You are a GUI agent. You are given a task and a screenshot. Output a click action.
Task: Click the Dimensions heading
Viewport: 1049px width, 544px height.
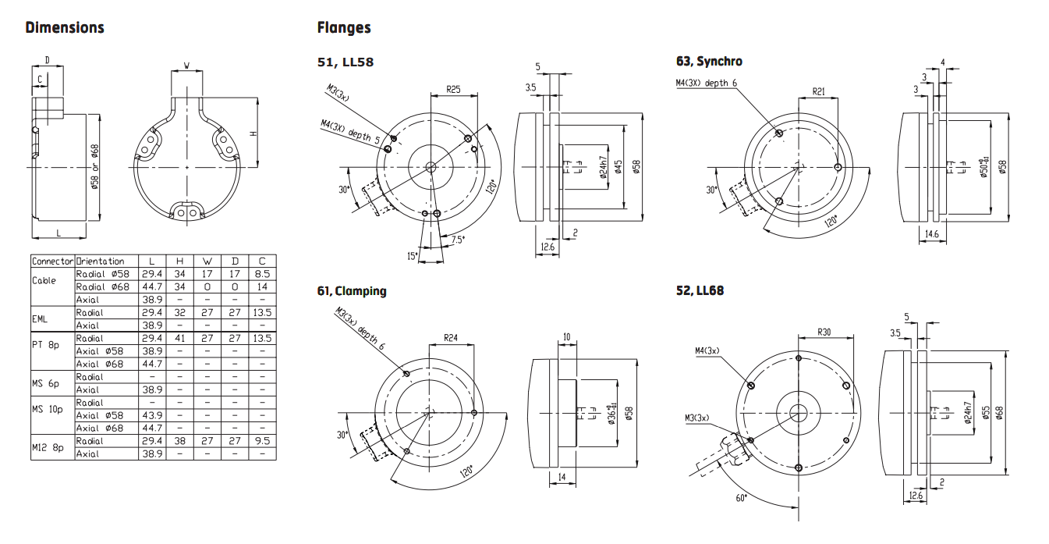click(65, 28)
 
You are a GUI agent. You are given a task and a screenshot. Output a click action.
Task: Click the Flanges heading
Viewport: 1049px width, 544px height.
click(344, 28)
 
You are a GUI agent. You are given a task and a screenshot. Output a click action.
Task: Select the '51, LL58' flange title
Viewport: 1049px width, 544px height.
click(345, 62)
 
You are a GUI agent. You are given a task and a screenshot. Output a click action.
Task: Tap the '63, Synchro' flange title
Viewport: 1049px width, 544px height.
click(709, 62)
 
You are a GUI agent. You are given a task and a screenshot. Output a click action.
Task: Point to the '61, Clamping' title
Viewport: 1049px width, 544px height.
click(351, 291)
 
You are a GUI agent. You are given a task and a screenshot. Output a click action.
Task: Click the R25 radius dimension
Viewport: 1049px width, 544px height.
click(454, 89)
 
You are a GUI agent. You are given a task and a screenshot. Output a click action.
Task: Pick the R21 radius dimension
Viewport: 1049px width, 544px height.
click(818, 91)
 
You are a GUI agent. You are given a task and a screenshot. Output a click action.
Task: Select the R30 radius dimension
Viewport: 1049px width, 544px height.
click(824, 332)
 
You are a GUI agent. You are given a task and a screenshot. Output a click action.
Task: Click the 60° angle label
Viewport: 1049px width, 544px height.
click(741, 498)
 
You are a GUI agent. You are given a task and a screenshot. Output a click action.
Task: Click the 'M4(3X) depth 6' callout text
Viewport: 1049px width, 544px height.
click(706, 83)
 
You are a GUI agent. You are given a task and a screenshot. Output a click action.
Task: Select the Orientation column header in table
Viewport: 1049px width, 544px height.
click(100, 261)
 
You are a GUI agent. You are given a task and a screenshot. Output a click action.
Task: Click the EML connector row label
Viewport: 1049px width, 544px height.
click(39, 318)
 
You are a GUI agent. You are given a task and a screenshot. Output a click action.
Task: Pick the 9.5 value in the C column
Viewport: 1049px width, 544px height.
click(262, 440)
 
